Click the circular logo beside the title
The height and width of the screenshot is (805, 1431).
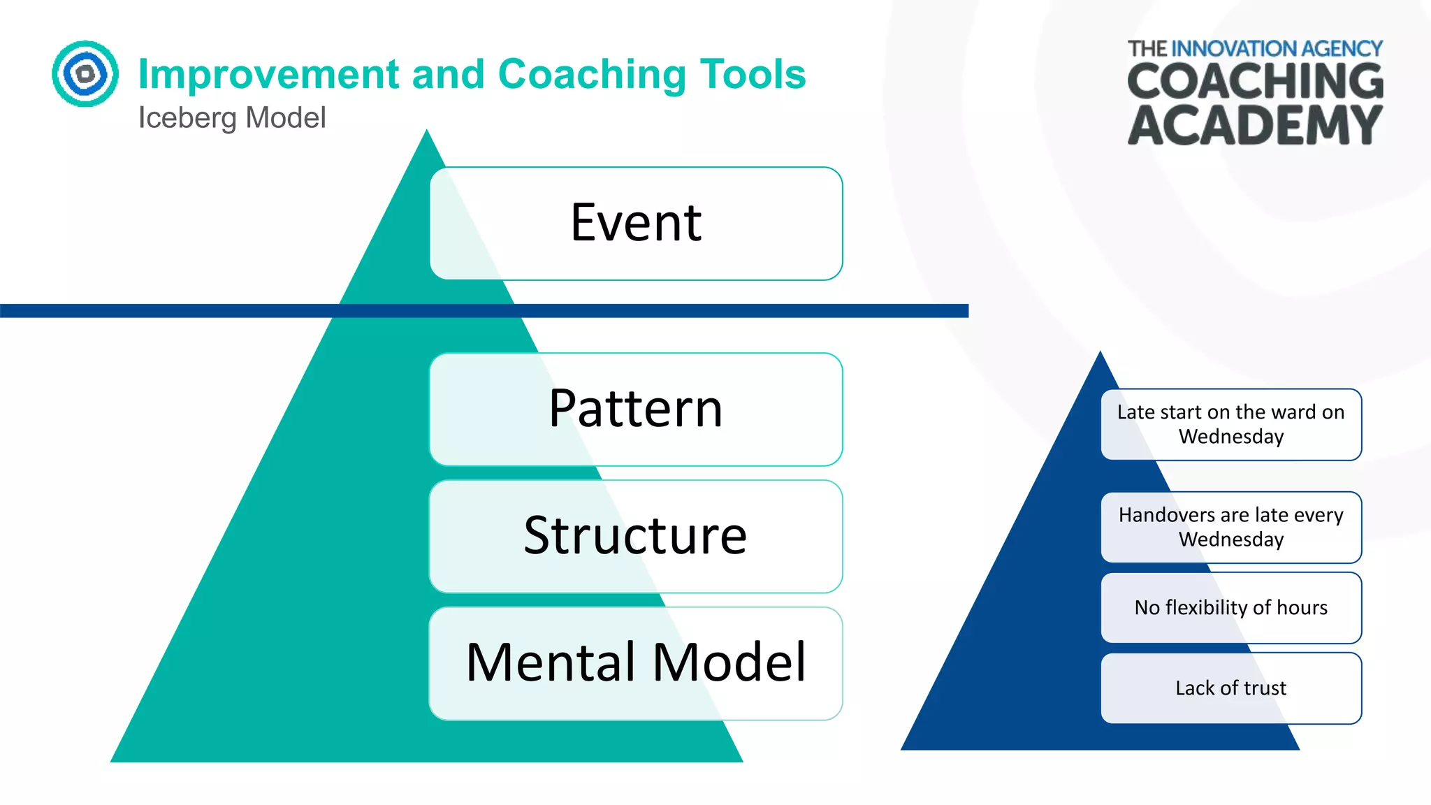85,73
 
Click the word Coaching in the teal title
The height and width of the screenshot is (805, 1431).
592,74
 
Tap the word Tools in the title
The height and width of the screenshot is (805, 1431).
753,74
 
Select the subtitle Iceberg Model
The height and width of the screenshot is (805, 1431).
232,117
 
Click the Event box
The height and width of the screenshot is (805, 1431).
636,224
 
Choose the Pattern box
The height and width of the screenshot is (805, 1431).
636,409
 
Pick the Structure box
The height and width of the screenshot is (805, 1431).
636,536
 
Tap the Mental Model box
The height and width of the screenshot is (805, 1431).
636,663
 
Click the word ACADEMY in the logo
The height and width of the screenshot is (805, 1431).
1255,126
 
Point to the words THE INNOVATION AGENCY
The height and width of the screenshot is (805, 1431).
1255,48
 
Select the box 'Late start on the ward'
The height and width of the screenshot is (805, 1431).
1231,424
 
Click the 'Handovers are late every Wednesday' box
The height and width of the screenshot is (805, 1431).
1231,527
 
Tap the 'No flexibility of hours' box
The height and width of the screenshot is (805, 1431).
1231,608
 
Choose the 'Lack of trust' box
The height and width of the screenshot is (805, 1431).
1231,688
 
